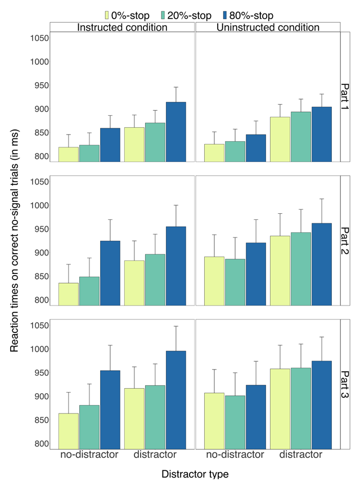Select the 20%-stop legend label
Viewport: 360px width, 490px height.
[x=202, y=15]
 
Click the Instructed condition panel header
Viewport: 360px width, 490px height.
[x=122, y=27]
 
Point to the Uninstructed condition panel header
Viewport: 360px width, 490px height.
[x=268, y=27]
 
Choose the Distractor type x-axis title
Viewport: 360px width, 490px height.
[x=195, y=474]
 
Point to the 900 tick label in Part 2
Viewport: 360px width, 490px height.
[x=38, y=253]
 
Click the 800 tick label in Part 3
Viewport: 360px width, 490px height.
[x=38, y=443]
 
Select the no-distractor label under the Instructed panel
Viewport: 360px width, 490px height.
[x=89, y=455]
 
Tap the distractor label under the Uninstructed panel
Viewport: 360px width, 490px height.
[x=301, y=455]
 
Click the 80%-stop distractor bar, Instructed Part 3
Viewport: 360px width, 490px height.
[x=175, y=399]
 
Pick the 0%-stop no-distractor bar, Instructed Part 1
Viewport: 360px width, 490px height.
[x=69, y=155]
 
